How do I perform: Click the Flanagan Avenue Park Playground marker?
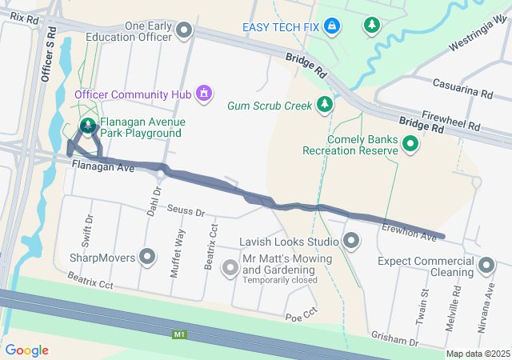pos(87,126)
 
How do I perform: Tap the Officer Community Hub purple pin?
pos(204,94)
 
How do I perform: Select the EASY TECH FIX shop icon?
pos(332,26)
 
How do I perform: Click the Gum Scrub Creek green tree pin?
pos(324,104)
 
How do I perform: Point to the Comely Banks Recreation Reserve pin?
pos(410,144)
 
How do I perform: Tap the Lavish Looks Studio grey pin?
pos(351,240)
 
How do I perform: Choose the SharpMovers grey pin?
pos(147,258)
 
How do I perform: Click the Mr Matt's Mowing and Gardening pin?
pos(230,266)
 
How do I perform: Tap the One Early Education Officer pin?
pos(185,32)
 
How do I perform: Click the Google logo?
pos(26,350)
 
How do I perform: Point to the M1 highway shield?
pos(180,335)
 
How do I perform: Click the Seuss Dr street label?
pos(186,212)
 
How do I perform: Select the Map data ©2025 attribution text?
pos(477,354)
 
